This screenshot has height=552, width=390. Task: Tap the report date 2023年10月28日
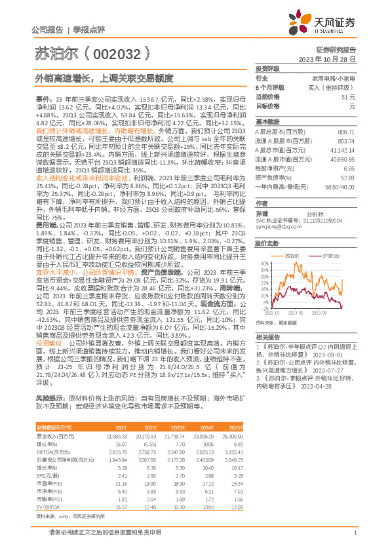pyautogui.click(x=328, y=58)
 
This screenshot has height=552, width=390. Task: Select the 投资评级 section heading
pyautogui.click(x=267, y=68)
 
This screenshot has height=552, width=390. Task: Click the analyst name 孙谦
pyautogui.click(x=262, y=213)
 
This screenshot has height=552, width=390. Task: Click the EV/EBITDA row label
pyautogui.click(x=47, y=526)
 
